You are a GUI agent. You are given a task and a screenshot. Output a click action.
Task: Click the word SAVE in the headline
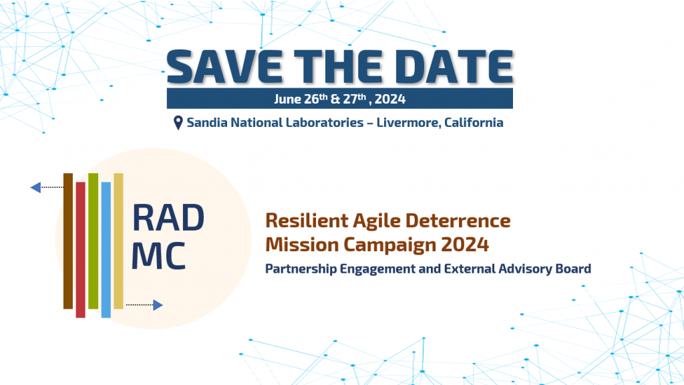(x=224, y=66)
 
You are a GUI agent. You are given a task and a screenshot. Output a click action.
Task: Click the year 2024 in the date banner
(x=390, y=99)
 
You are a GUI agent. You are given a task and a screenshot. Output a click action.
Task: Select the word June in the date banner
(x=287, y=99)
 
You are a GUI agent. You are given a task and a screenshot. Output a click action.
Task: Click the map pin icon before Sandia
(x=178, y=123)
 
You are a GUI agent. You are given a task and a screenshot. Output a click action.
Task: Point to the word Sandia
(x=207, y=122)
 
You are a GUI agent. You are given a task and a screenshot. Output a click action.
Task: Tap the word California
(x=474, y=122)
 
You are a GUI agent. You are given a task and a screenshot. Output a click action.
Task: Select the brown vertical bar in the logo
(x=68, y=241)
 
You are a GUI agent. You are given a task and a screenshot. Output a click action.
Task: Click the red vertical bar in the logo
(x=80, y=250)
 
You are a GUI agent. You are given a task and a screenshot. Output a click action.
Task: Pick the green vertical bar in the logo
(x=93, y=241)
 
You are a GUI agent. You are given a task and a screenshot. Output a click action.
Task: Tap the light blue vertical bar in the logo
(x=106, y=250)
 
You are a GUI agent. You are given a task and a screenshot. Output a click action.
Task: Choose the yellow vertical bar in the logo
(x=118, y=241)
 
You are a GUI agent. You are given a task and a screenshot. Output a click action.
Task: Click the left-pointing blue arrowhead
(x=35, y=187)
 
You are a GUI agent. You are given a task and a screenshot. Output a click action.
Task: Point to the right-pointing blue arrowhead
(x=158, y=305)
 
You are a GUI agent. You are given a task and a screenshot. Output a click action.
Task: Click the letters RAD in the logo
(x=168, y=218)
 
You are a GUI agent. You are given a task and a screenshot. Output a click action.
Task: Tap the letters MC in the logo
(x=158, y=255)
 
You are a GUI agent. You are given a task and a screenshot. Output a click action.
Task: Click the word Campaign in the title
(x=389, y=245)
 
